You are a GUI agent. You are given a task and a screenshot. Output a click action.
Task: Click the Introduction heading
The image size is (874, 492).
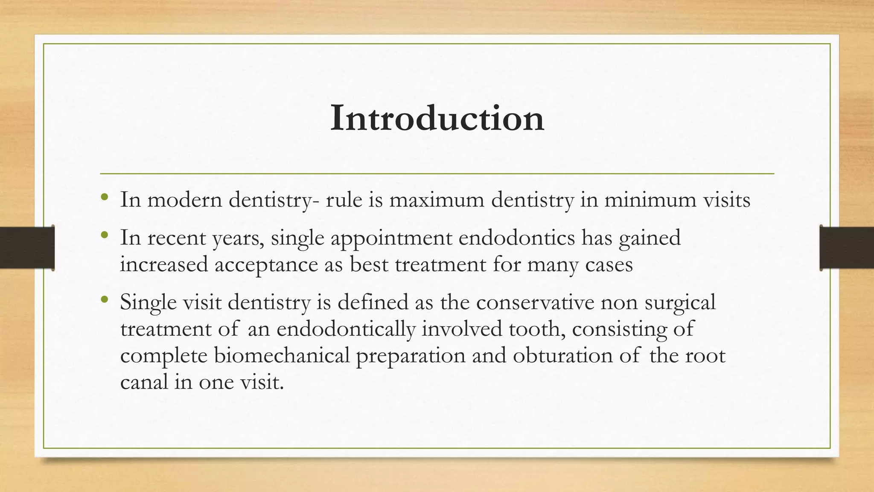tap(437, 118)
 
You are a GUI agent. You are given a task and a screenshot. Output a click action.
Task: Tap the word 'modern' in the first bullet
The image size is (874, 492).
tap(184, 200)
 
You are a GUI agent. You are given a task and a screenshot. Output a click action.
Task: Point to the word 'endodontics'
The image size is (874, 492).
tap(517, 238)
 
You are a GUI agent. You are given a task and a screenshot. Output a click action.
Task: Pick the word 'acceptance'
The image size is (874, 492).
tap(266, 265)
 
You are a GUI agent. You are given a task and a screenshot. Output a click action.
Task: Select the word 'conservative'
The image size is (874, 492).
tap(535, 302)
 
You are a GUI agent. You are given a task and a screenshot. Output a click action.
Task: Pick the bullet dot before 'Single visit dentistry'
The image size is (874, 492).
tap(104, 300)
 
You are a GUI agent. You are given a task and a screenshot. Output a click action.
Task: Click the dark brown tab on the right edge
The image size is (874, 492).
tap(847, 248)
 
